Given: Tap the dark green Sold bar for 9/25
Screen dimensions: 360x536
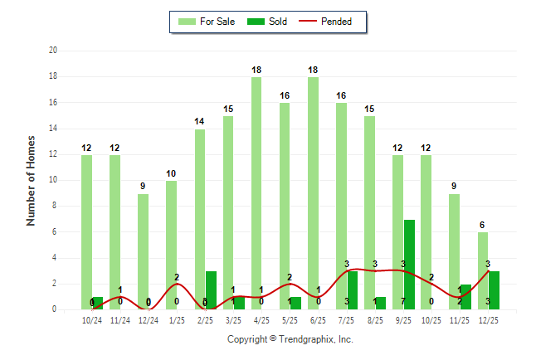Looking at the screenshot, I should (x=409, y=265).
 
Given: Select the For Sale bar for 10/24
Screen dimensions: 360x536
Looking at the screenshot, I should (x=86, y=232).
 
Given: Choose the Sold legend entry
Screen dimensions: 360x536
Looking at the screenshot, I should (x=269, y=22).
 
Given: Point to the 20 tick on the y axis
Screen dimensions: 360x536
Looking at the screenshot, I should (x=52, y=51).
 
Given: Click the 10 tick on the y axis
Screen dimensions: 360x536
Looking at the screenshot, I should (x=52, y=180).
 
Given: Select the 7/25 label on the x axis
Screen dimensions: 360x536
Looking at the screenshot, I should (x=347, y=319).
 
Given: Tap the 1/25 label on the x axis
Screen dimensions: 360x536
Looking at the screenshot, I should (x=177, y=319).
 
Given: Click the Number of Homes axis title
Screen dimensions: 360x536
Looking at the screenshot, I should (x=31, y=180).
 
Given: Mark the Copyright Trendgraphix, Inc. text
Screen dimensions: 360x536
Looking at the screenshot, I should (x=290, y=339).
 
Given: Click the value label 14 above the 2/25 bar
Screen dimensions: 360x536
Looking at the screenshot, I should (x=199, y=122).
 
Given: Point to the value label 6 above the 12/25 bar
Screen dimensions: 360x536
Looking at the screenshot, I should (x=483, y=226).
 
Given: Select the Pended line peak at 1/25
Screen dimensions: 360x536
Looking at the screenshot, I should (x=176, y=285).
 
